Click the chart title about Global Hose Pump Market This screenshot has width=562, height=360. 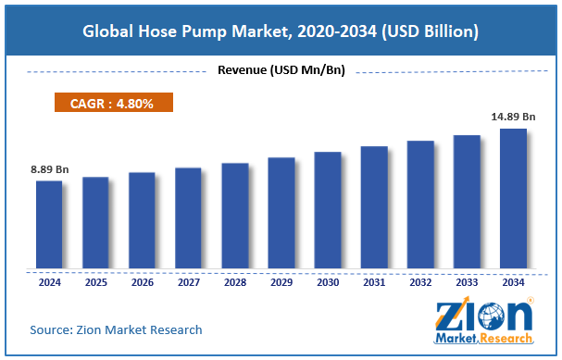coord(281,31)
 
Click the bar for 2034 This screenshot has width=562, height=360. coord(513,198)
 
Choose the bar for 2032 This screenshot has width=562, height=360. coord(420,205)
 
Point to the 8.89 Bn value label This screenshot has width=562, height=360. coord(49,169)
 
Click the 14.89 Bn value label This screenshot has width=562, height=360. coord(512,117)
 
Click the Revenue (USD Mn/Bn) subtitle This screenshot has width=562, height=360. coord(281,69)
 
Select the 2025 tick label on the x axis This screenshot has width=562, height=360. coord(95,283)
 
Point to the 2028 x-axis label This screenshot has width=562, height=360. coord(234,283)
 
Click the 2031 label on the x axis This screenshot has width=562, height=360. coord(374,283)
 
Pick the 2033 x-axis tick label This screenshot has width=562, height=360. coord(467,283)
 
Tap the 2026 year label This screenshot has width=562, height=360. coord(142,283)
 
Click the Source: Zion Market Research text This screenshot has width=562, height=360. coord(116,329)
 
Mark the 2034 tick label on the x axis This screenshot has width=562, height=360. coord(513,283)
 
